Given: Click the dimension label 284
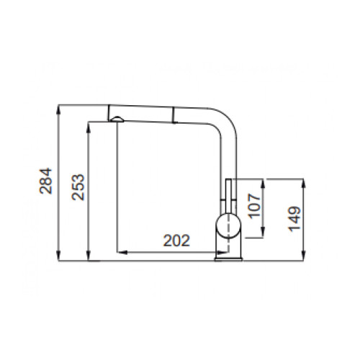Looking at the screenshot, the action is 45,181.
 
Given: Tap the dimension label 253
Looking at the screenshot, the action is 78,187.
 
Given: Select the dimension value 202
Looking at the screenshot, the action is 176,240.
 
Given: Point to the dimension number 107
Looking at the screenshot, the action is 254,206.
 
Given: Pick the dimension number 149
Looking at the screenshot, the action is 294,219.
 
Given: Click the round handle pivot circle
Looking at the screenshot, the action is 228,225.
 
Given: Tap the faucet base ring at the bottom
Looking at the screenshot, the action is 229,259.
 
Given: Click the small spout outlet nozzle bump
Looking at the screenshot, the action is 117,120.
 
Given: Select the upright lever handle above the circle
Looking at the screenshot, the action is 228,197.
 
